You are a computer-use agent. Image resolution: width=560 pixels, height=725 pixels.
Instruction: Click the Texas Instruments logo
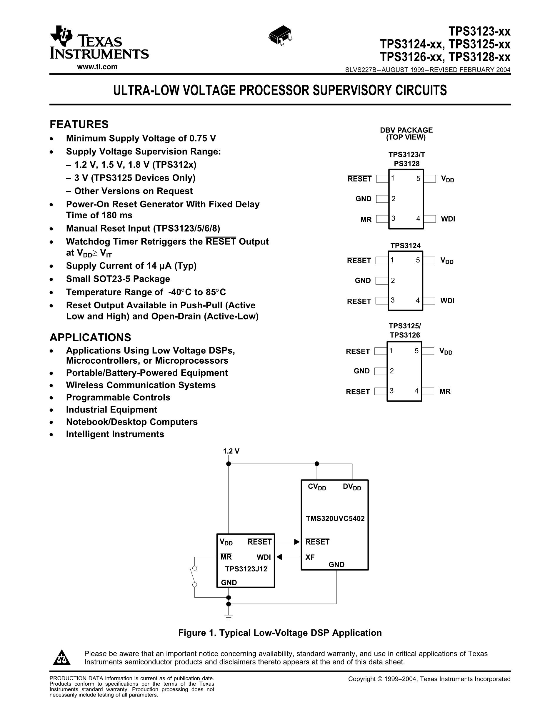point(99,42)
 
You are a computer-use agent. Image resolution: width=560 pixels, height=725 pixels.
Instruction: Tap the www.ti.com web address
point(97,67)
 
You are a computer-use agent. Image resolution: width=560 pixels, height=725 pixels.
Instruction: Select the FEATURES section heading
point(79,124)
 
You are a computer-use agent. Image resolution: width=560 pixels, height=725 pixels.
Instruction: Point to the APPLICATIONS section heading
point(90,337)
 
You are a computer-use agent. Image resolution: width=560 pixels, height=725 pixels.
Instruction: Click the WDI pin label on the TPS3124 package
point(447,301)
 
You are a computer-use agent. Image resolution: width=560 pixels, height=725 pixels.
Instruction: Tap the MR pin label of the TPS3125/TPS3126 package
point(445,391)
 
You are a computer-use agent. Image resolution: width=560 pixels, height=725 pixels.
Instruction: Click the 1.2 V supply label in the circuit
point(231,451)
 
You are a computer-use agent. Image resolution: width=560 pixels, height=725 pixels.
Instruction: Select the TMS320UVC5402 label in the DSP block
point(335,518)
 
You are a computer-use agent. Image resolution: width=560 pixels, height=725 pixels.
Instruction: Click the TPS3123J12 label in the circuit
point(246,569)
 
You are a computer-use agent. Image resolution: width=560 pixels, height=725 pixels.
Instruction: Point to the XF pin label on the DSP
point(310,557)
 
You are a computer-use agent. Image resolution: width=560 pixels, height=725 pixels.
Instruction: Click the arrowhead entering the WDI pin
point(279,557)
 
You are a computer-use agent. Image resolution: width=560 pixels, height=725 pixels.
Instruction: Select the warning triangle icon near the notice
point(62,657)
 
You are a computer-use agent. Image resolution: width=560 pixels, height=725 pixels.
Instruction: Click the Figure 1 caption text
point(280,633)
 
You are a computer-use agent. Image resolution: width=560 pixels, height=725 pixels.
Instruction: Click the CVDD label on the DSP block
point(317,487)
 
